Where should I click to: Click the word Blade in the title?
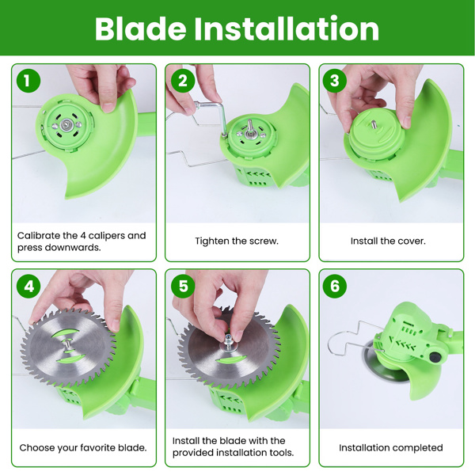(140, 28)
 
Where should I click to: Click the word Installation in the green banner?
(287, 28)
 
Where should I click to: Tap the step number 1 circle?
(28, 81)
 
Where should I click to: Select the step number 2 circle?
(183, 81)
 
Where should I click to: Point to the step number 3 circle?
(334, 81)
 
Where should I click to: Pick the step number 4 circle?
(28, 286)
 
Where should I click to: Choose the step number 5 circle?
(183, 286)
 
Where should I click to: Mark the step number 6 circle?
(334, 286)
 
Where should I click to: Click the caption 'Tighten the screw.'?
(237, 241)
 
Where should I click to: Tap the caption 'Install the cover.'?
(388, 241)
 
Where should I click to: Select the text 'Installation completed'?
(391, 448)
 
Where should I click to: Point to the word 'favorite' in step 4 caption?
(97, 448)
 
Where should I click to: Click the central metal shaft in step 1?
(66, 124)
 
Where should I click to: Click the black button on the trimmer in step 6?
(435, 357)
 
